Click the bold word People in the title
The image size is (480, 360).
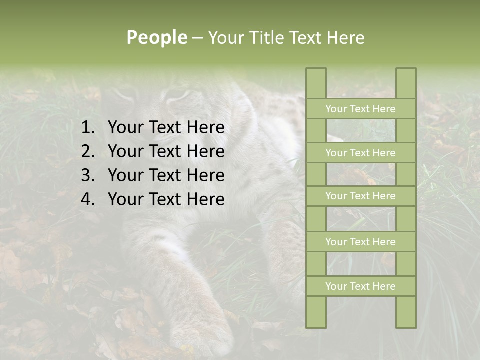point(156,38)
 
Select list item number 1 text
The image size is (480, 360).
point(166,128)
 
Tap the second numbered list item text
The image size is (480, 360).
point(166,151)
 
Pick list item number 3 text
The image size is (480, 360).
point(166,175)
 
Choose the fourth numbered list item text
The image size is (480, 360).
point(166,199)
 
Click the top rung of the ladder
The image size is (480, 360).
point(360,109)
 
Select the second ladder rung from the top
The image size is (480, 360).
point(360,153)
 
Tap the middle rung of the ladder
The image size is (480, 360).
point(360,196)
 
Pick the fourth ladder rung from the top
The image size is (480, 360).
point(360,242)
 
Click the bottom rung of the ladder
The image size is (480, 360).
point(360,286)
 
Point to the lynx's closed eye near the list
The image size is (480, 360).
point(175,95)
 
